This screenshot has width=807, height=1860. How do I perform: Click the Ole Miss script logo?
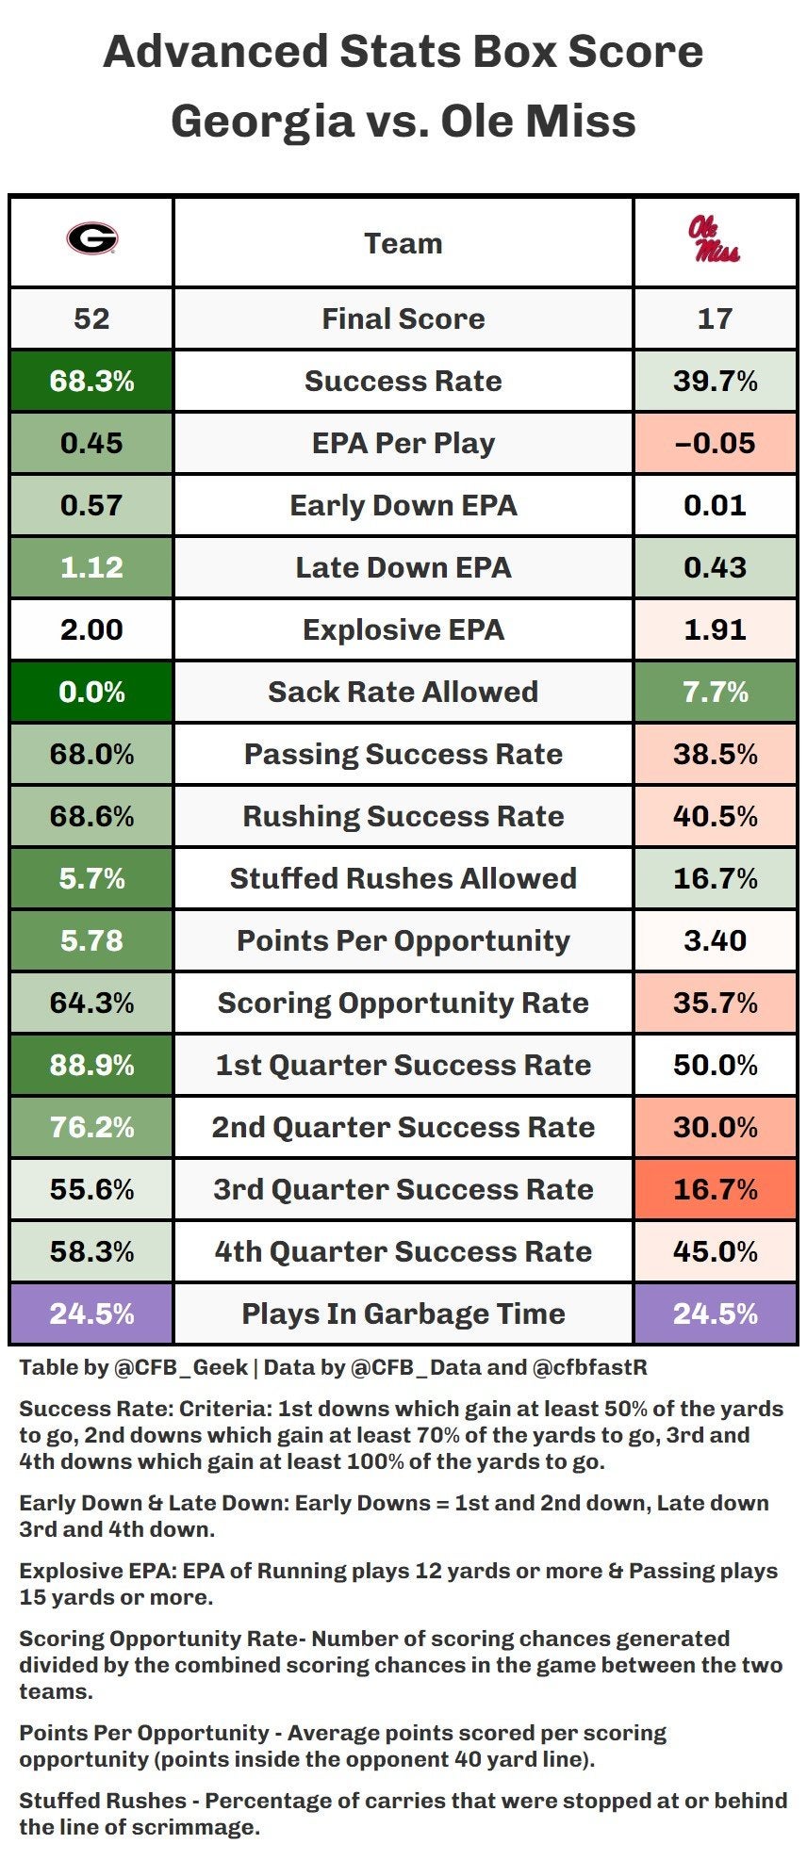tap(715, 240)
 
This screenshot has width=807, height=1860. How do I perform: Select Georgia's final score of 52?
tap(91, 318)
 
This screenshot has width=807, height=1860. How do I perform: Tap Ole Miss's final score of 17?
tap(715, 318)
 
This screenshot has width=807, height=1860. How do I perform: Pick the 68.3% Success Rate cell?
tap(91, 381)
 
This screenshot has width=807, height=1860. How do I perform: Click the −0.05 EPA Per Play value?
tap(715, 443)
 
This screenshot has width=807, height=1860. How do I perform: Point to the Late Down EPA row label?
tap(403, 567)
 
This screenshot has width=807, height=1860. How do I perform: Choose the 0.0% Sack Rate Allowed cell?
tap(91, 692)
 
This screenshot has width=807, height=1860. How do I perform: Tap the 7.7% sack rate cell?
tap(715, 692)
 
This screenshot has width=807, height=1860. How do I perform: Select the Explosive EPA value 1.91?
tap(715, 629)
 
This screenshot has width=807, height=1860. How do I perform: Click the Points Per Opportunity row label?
tap(403, 940)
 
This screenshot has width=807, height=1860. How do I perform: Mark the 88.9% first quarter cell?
tap(91, 1065)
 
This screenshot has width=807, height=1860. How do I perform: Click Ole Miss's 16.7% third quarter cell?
tap(715, 1189)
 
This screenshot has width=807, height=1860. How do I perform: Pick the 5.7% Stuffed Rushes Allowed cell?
tap(91, 878)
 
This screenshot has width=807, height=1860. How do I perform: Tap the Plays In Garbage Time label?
tap(403, 1313)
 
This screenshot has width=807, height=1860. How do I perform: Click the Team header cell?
tap(403, 243)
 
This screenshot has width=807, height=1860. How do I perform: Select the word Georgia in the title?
tap(262, 122)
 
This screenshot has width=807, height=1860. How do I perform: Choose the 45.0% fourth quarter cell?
tap(715, 1251)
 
